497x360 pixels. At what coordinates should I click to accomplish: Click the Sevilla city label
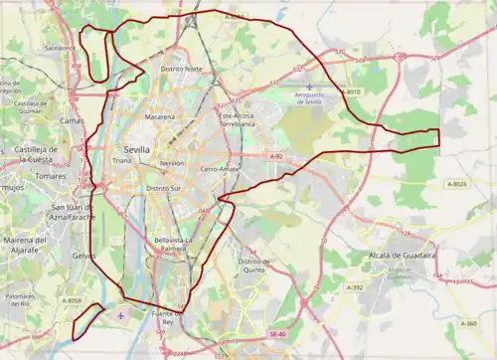(138, 148)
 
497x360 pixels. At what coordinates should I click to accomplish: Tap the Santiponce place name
(60, 47)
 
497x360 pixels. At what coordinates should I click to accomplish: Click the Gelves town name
(84, 256)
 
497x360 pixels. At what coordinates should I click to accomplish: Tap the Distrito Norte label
(181, 69)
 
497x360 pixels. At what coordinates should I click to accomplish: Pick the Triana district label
(122, 160)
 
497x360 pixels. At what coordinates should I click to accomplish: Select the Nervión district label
(171, 162)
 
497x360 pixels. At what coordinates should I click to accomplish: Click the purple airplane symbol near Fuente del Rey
(122, 316)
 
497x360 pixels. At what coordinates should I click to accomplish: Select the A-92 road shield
(276, 156)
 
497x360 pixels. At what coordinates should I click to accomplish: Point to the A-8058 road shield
(74, 301)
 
